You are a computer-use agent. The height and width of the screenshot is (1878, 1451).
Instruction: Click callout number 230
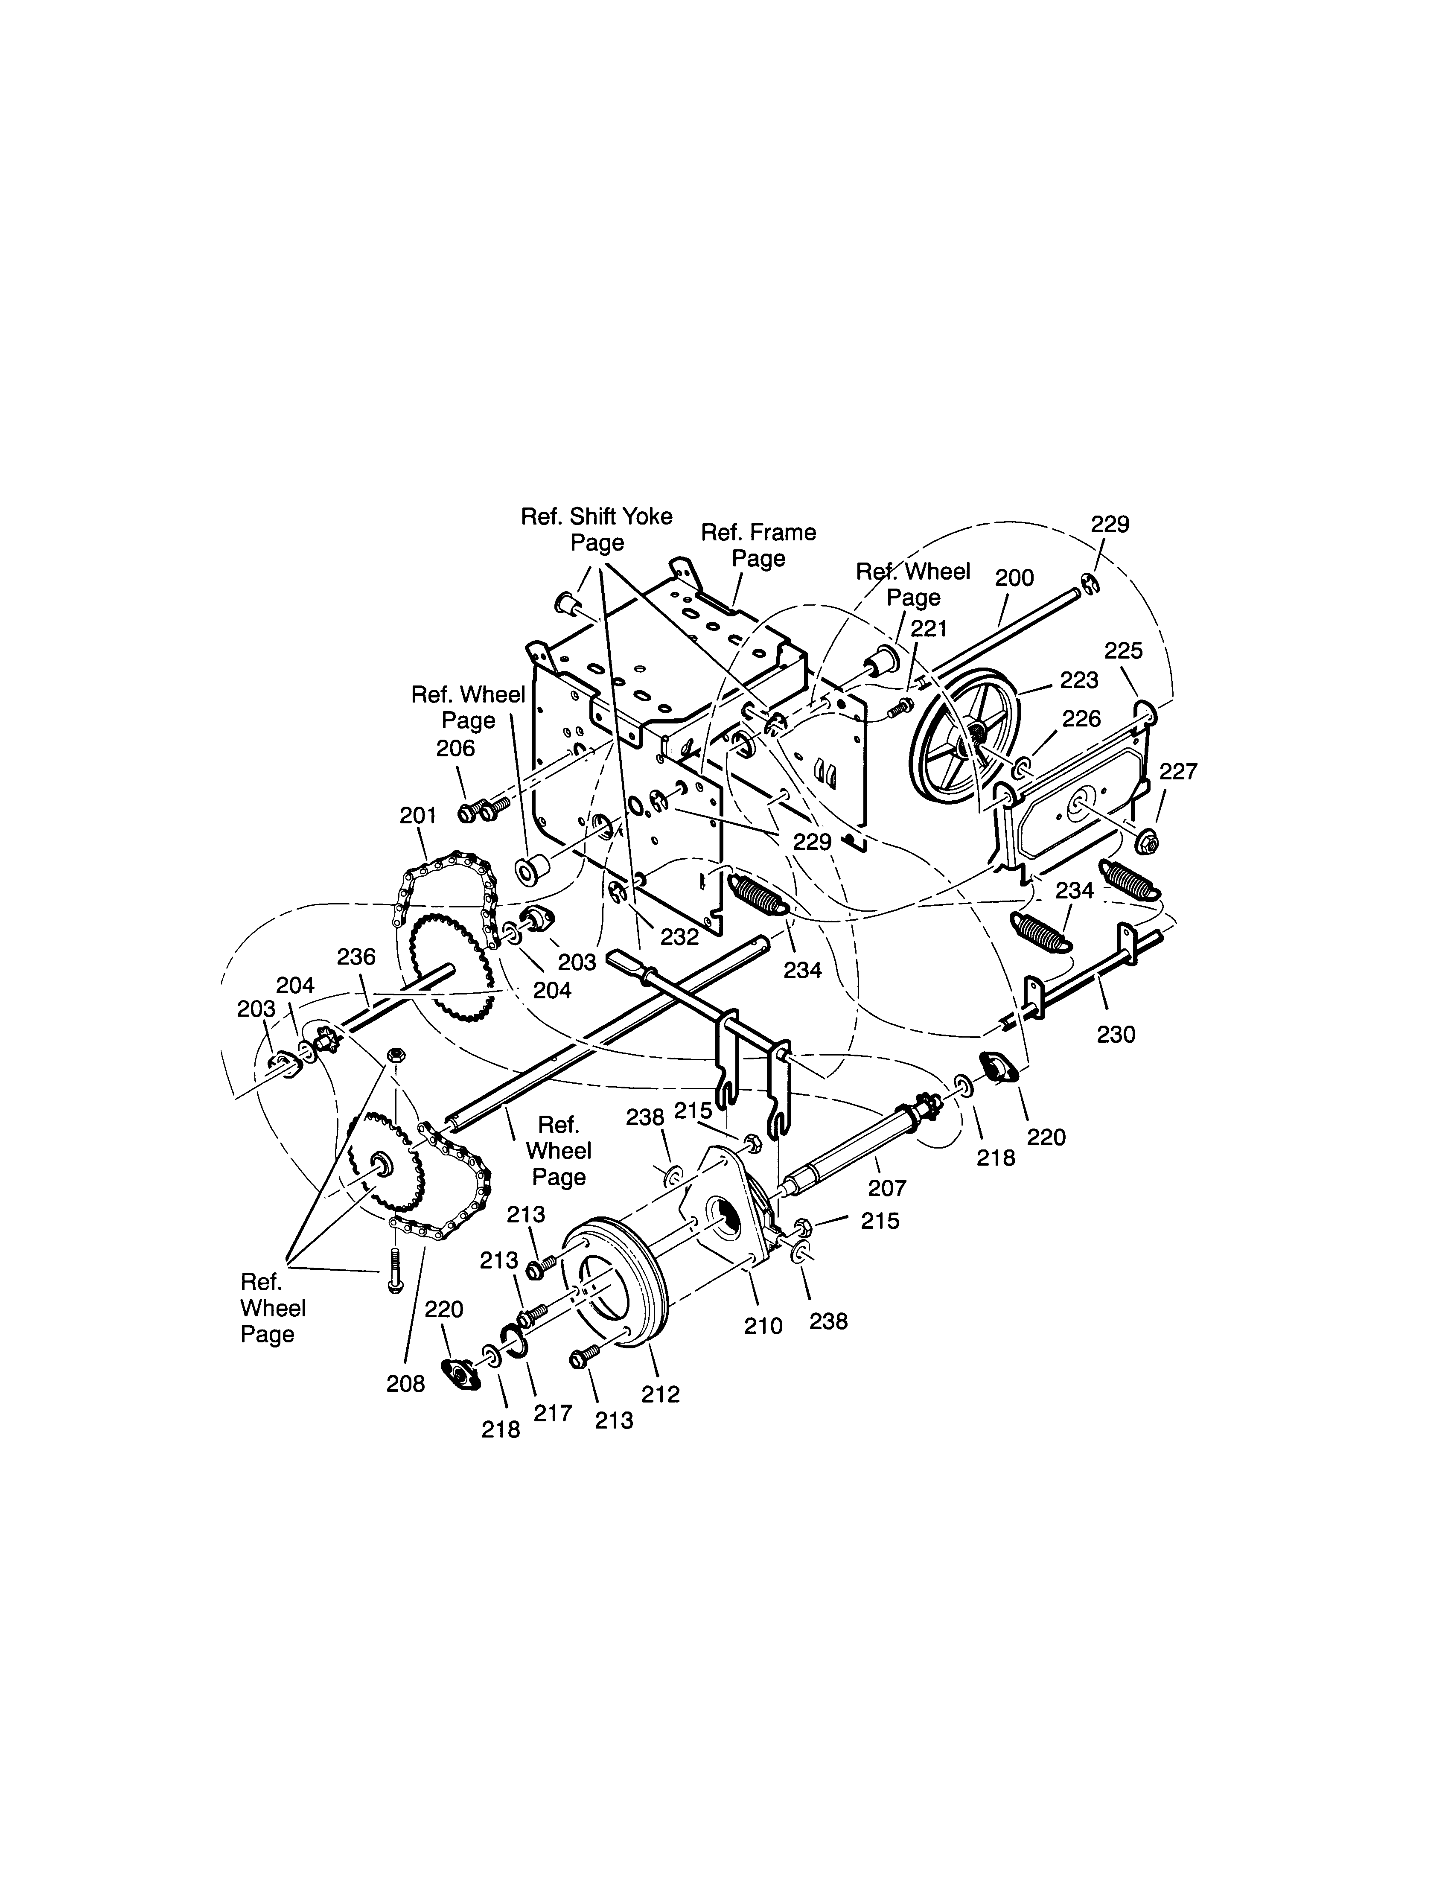1116,1035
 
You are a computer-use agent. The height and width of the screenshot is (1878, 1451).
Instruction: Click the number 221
929,630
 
